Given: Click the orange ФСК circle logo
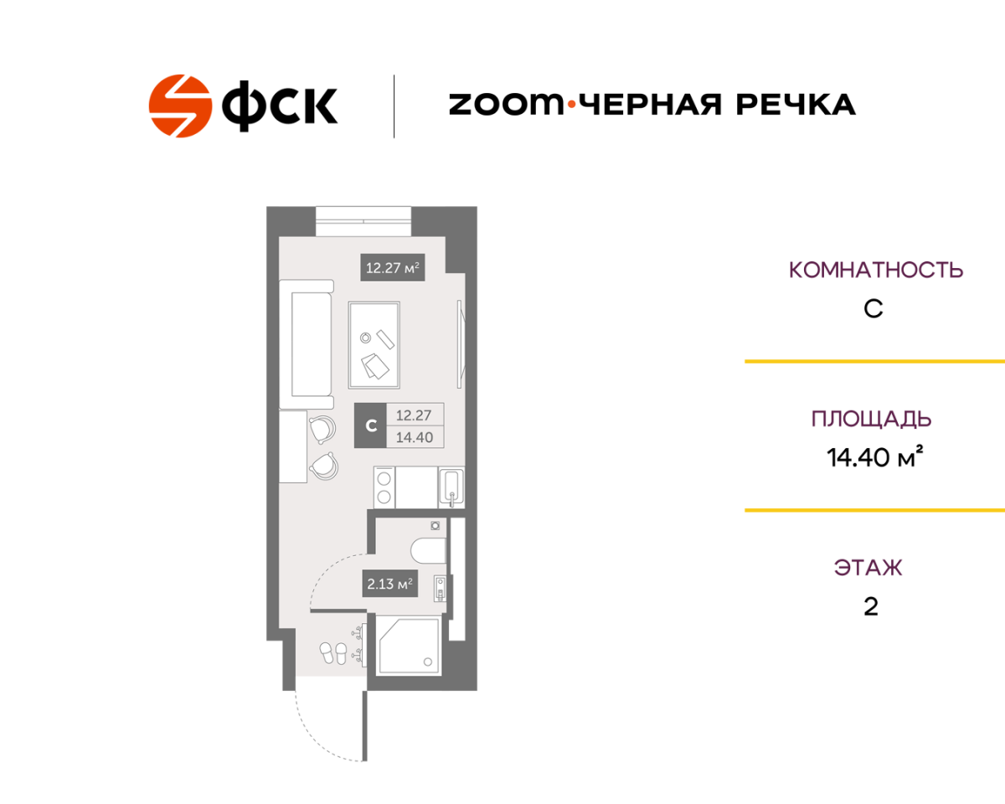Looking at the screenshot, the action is pos(180,106).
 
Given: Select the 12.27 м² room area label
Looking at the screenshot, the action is pos(392,268).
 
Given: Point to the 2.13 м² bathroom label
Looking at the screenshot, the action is pos(390,584).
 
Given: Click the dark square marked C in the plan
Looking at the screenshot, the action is pos(371,425).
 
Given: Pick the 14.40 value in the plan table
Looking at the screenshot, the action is pos(415,437).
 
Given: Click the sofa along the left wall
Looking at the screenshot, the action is pos(307,344).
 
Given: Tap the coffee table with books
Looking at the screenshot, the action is pos(374,345).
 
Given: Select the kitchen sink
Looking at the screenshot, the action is pos(451,488).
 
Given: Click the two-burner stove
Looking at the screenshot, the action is pos(384,487).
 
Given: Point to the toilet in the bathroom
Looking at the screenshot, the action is pos(429,551).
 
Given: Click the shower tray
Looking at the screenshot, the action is pos(409,645).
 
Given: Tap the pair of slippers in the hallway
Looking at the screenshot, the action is pos(333,653).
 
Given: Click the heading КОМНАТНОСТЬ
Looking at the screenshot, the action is pos(876,271).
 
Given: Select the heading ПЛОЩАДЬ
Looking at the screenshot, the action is pos(872,419).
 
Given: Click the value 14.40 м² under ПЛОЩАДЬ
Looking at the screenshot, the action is pos(874,457).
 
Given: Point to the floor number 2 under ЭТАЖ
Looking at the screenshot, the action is pos(871,607).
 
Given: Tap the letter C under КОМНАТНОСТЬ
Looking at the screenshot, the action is pos(874,309).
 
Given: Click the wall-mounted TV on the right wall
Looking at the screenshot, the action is pos(461,344).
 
